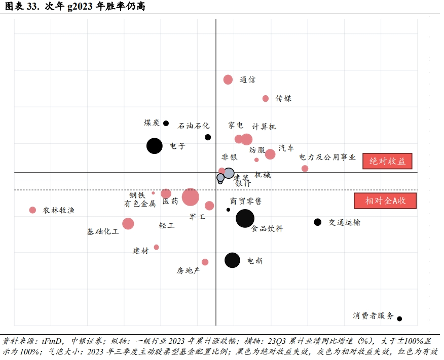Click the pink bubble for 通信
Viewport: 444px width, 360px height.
(x=228, y=79)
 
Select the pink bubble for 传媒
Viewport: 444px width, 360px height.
(x=266, y=98)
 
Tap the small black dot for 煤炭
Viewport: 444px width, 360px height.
(x=166, y=123)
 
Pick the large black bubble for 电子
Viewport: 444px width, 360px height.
(x=155, y=146)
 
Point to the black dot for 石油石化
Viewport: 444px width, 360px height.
(x=208, y=137)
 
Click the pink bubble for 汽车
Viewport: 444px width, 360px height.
(x=270, y=154)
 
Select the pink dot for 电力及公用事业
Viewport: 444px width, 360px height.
(x=305, y=169)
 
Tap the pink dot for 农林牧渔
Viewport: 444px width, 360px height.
(x=32, y=210)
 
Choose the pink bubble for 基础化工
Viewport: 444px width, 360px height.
(x=128, y=223)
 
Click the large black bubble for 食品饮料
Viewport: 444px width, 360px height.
(x=245, y=218)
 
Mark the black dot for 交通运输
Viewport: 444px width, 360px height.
(x=318, y=222)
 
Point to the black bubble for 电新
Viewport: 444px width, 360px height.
(x=232, y=260)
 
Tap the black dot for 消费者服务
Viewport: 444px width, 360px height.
(x=399, y=318)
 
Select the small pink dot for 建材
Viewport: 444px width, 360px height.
(x=156, y=247)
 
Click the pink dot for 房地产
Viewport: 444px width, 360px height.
(x=205, y=262)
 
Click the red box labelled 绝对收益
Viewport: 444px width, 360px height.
(x=387, y=161)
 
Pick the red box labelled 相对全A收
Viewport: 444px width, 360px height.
(x=385, y=201)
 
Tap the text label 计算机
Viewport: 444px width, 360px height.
(x=264, y=127)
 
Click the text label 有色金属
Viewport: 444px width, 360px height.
(x=140, y=204)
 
